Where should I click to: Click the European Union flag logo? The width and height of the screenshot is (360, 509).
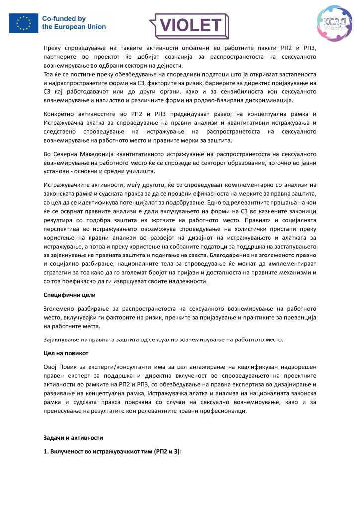click(x=23, y=23)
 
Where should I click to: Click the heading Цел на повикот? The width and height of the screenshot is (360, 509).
click(x=65, y=353)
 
